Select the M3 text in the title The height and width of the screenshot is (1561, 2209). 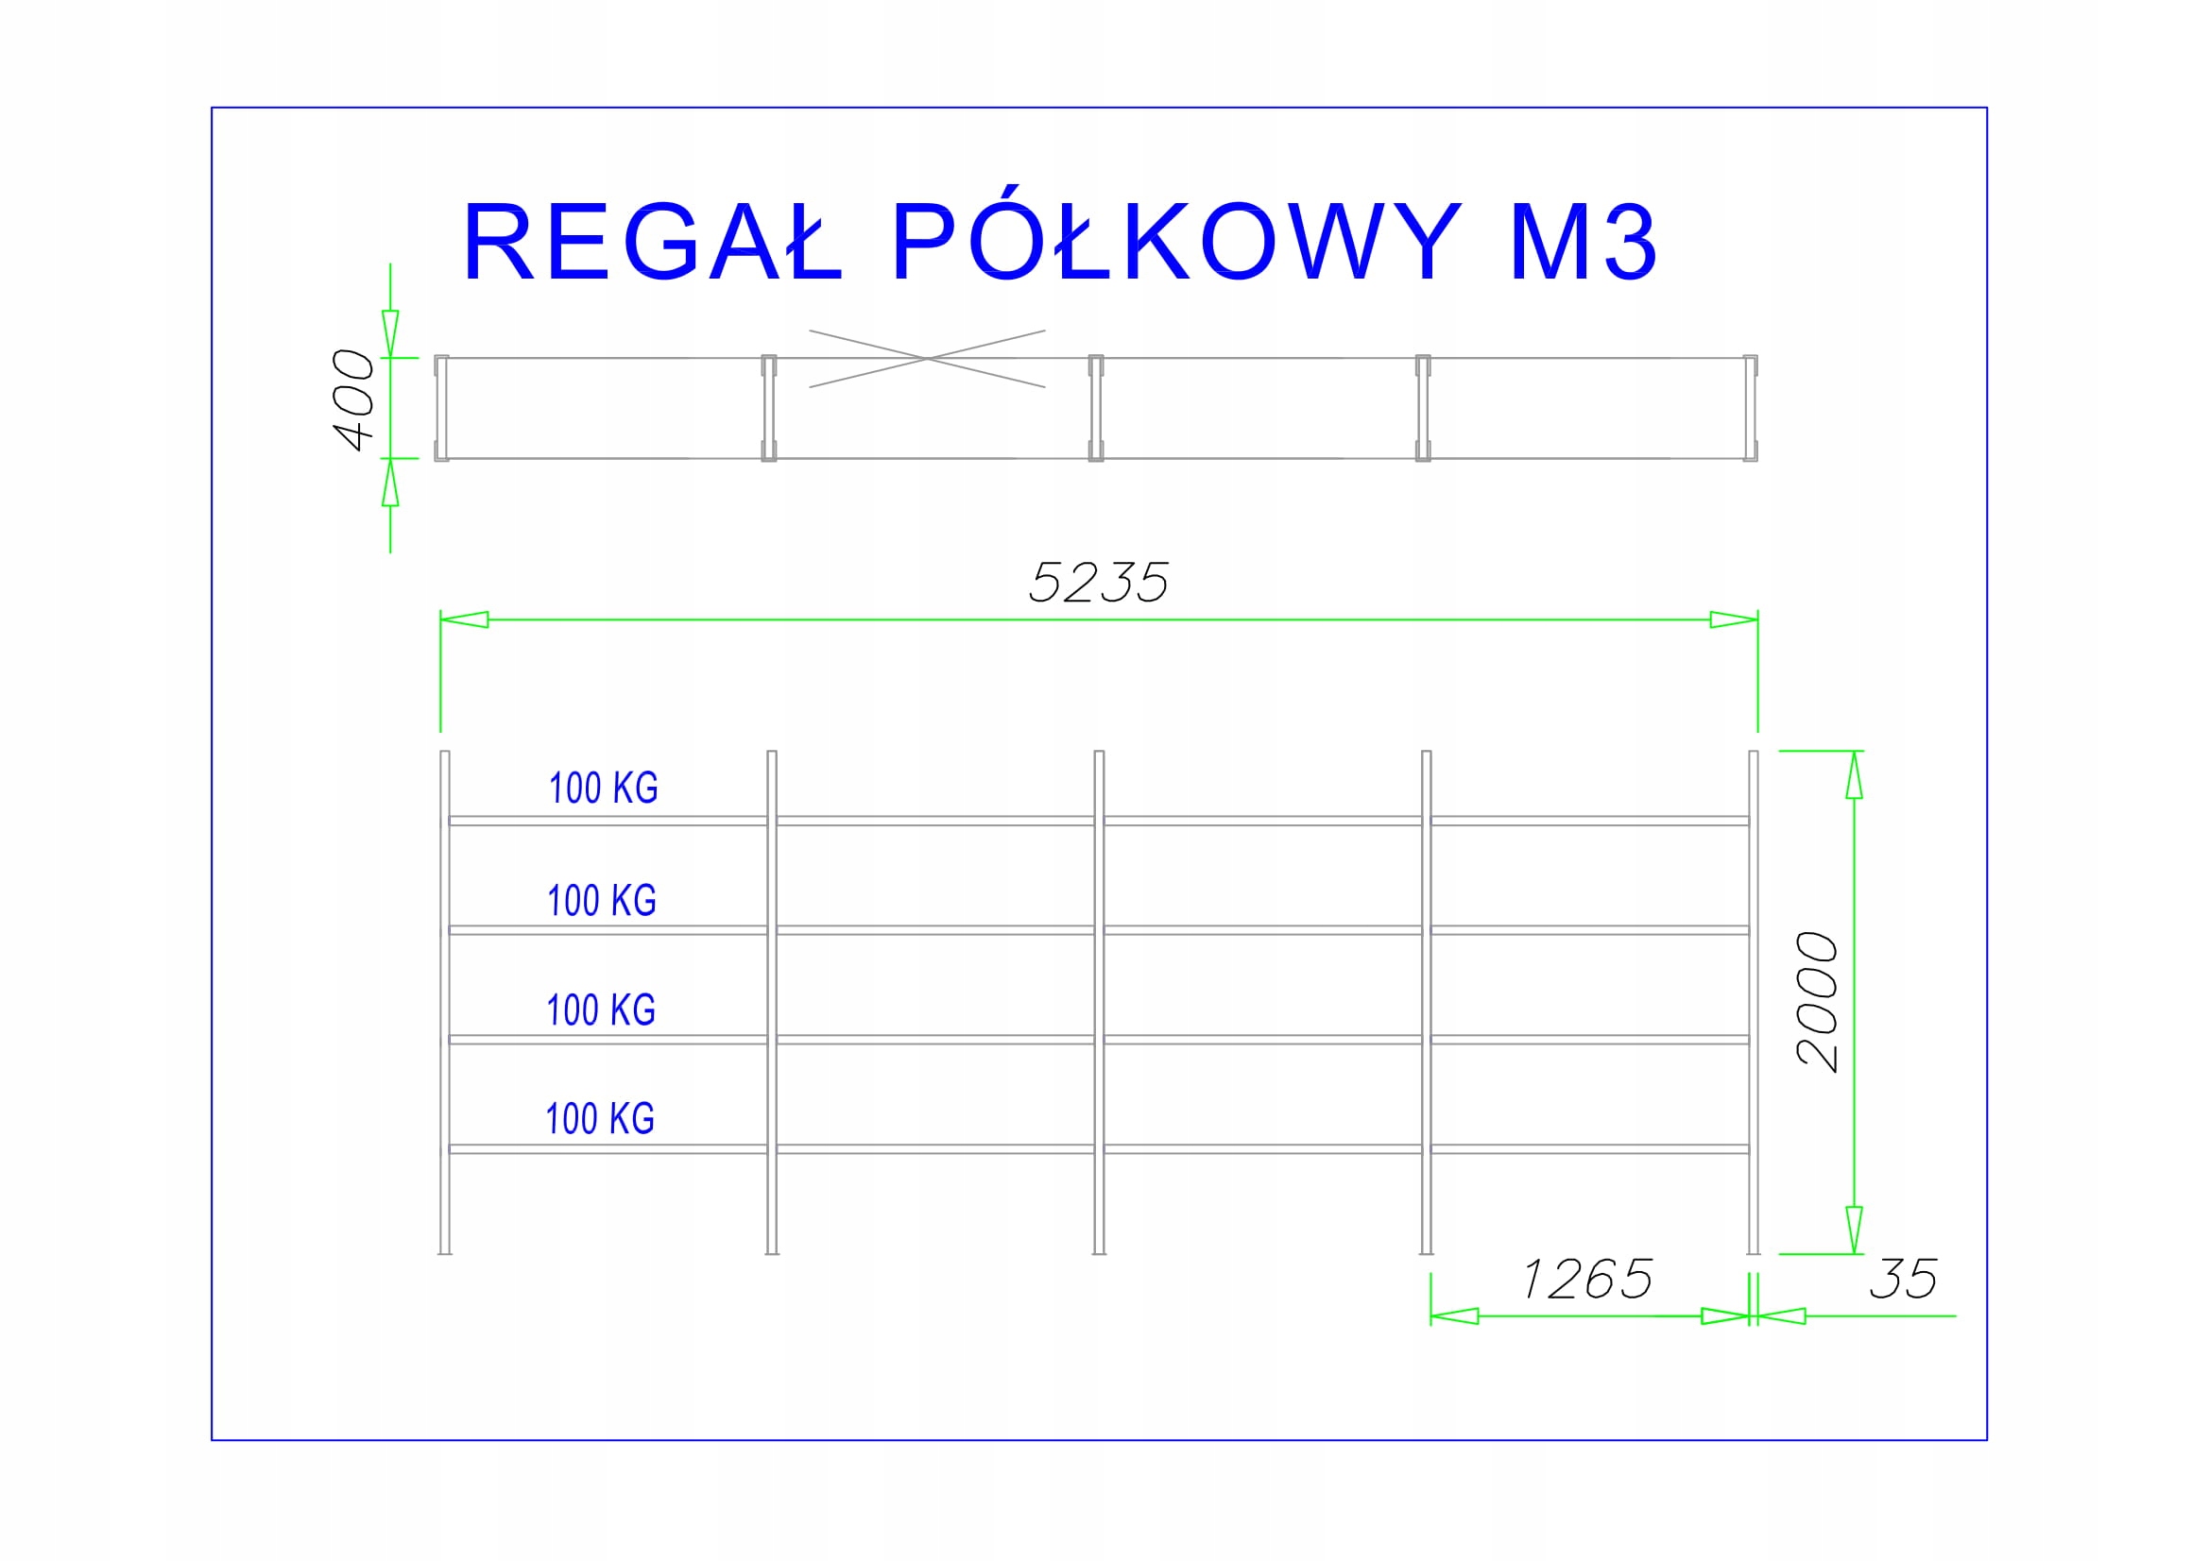[1584, 243]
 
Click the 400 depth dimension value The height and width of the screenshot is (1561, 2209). [353, 400]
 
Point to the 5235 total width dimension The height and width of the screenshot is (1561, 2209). [1099, 583]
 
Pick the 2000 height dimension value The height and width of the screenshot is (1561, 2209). [1818, 1002]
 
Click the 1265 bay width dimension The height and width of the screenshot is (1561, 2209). [1587, 1281]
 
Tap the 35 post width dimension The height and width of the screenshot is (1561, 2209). [1903, 1281]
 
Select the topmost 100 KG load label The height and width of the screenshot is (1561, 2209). [603, 789]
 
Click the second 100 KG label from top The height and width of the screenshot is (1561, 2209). [601, 901]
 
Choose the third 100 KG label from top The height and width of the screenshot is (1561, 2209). [600, 1010]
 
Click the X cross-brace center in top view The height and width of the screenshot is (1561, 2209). [927, 359]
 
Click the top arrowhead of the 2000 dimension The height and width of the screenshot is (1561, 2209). [1854, 775]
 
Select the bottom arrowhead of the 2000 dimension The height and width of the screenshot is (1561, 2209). [1854, 1230]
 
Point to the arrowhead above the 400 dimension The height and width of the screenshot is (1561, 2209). [389, 333]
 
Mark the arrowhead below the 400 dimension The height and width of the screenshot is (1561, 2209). [389, 482]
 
